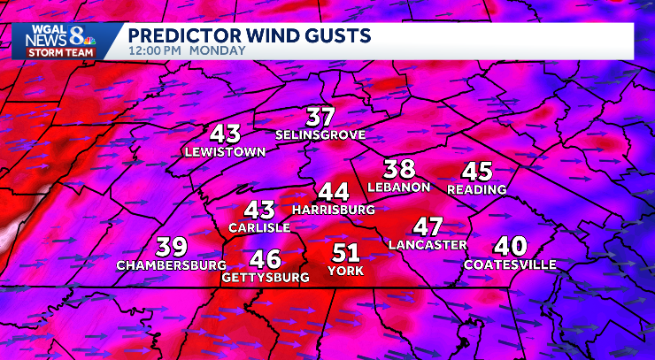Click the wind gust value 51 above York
point(344,252)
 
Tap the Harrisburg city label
point(333,210)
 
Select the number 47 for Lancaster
point(428,226)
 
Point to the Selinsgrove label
point(320,135)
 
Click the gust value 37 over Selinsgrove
point(320,117)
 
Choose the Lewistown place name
point(225,151)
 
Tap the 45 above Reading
point(477,172)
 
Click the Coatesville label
point(510,264)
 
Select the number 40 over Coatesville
point(510,246)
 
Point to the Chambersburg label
point(171,264)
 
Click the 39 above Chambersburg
point(172,247)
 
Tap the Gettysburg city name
point(266,277)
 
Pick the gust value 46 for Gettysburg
point(266,259)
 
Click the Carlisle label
point(259,227)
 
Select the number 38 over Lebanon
point(399,168)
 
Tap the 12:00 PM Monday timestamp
point(187,51)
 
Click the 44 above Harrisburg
point(334,191)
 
